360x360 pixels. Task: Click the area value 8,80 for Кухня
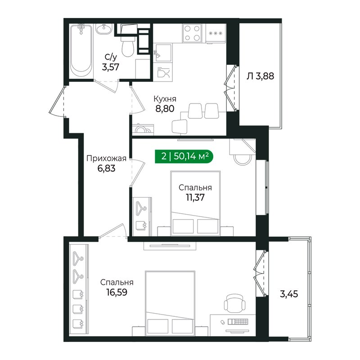coord(164,108)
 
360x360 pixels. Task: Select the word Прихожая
coord(105,158)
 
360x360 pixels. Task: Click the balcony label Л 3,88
coord(260,76)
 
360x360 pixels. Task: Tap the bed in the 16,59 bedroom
coord(171,301)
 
